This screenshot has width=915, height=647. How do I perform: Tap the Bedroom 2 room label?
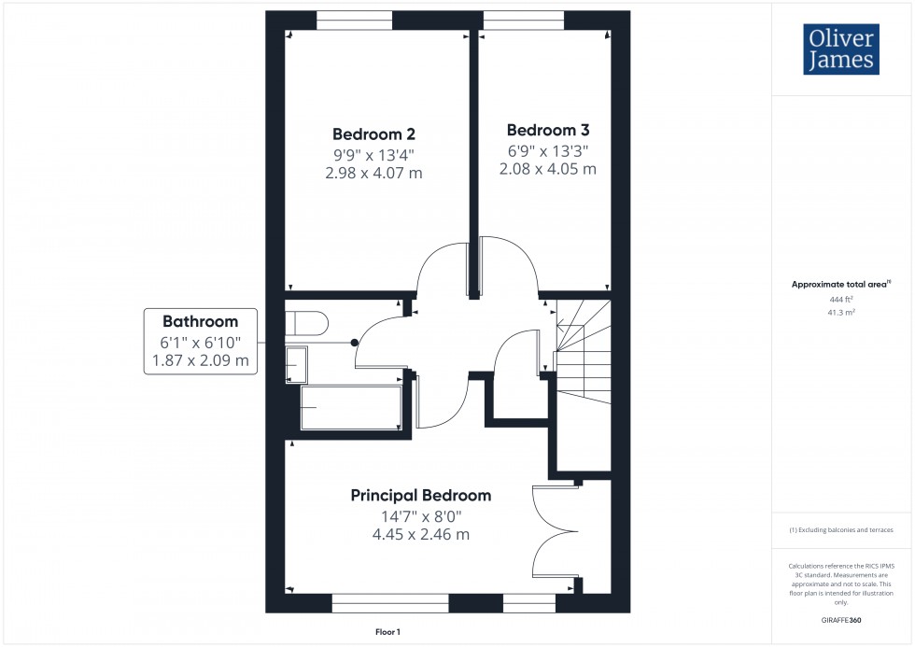pyautogui.click(x=374, y=134)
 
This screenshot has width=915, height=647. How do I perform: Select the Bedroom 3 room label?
pyautogui.click(x=548, y=130)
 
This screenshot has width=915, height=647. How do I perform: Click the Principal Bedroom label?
pyautogui.click(x=420, y=495)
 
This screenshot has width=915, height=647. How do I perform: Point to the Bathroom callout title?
pyautogui.click(x=199, y=322)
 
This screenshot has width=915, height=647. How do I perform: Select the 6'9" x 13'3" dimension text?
pyautogui.click(x=548, y=150)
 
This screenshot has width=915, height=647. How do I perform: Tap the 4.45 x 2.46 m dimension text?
pyautogui.click(x=420, y=534)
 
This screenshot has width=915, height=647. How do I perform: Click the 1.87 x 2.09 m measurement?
pyautogui.click(x=199, y=361)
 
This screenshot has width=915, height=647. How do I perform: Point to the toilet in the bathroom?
pyautogui.click(x=306, y=323)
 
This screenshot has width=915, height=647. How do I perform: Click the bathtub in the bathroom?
pyautogui.click(x=350, y=408)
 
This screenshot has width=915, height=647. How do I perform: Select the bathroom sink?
pyautogui.click(x=296, y=363)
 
